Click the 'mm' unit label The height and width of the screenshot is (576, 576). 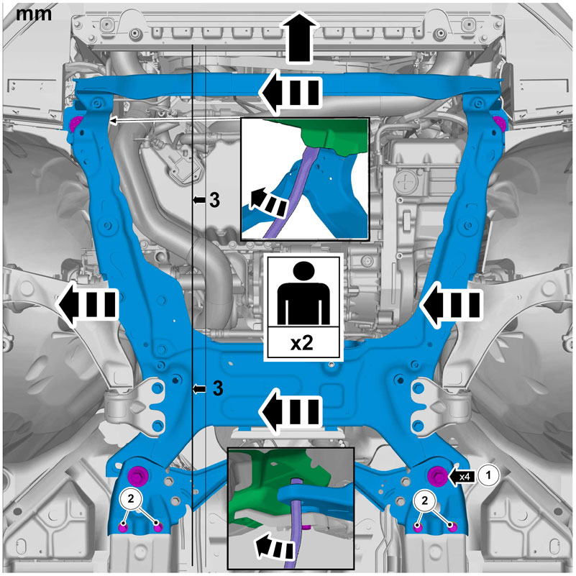[x=33, y=14]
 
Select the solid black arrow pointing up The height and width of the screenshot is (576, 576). [x=300, y=37]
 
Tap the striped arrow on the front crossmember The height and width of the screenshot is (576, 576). [x=291, y=93]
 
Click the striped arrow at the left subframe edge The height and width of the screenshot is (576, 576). [x=87, y=304]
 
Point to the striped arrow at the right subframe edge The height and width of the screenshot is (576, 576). [x=451, y=304]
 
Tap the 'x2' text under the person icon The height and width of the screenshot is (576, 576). [x=302, y=343]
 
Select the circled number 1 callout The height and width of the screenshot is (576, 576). [x=488, y=475]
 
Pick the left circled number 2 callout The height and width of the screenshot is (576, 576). [x=131, y=498]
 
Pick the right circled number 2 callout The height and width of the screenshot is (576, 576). [x=425, y=500]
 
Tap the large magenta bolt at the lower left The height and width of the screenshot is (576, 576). [x=138, y=476]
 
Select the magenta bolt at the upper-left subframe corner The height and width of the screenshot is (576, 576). [x=76, y=124]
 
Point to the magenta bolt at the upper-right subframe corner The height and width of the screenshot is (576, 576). [x=500, y=123]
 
